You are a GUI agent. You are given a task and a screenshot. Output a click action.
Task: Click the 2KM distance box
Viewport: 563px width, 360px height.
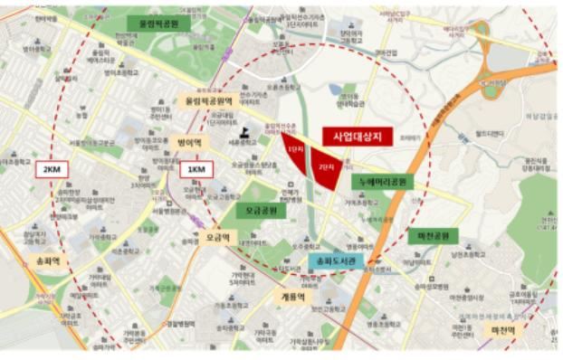[x=49, y=169]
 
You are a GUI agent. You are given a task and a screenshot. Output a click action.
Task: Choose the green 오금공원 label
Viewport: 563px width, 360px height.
[x=261, y=210]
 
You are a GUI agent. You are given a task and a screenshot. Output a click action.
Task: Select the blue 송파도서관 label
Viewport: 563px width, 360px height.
[x=337, y=261]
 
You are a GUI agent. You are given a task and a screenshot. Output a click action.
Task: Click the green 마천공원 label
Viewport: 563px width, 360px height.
[x=433, y=236]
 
